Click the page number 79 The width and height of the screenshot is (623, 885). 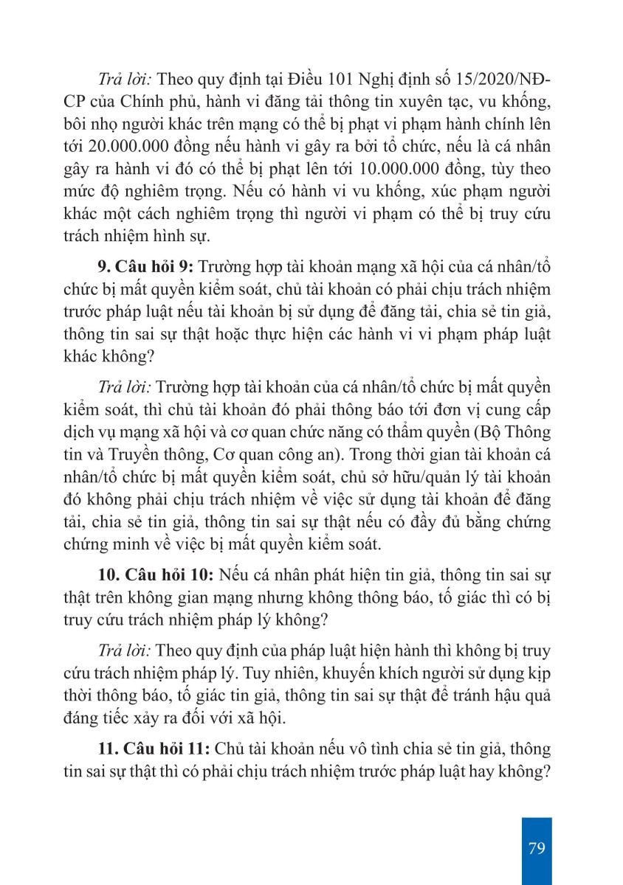click(537, 847)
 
